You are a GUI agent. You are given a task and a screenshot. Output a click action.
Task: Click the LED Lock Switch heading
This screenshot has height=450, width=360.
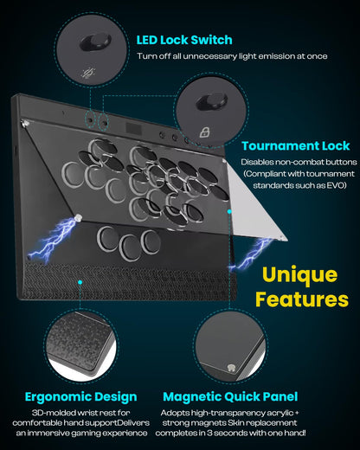coord(183,40)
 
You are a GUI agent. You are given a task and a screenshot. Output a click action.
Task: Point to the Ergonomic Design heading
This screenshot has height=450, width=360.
coord(80,396)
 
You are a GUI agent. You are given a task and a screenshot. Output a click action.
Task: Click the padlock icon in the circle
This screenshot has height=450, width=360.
coord(205,132)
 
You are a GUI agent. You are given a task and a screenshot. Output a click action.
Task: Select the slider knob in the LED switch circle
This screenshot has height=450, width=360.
coord(96,41)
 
